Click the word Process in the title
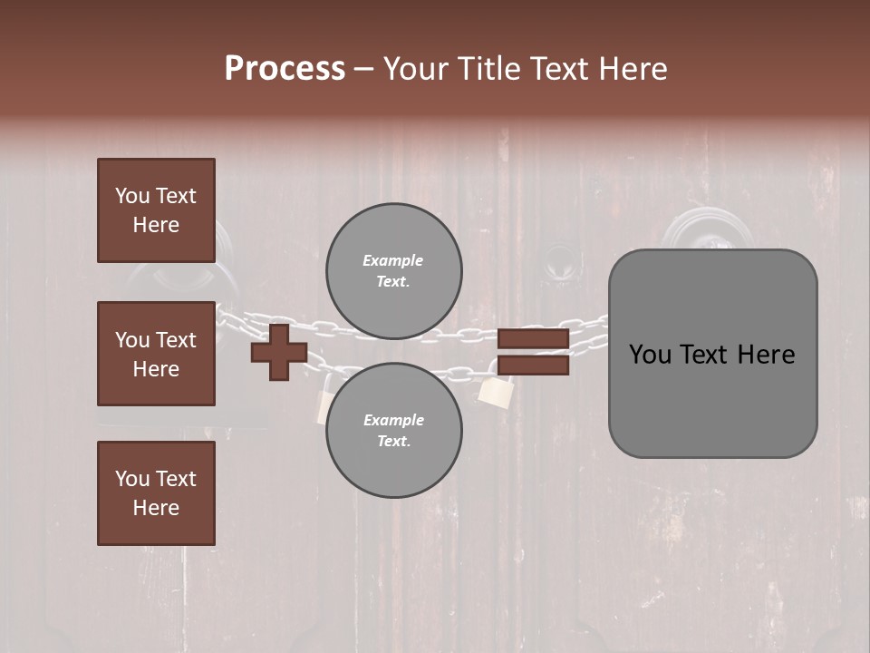[285, 68]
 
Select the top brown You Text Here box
[156, 210]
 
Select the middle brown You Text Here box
[156, 354]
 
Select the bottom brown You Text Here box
[156, 493]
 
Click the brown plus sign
[278, 352]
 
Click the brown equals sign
[533, 352]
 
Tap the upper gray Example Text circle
[393, 271]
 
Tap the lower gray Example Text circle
[393, 431]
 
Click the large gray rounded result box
[712, 354]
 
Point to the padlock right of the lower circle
[496, 391]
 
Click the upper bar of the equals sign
[533, 339]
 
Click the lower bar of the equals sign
[533, 365]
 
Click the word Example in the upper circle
[393, 260]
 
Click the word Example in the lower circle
[393, 420]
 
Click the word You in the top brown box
[132, 196]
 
